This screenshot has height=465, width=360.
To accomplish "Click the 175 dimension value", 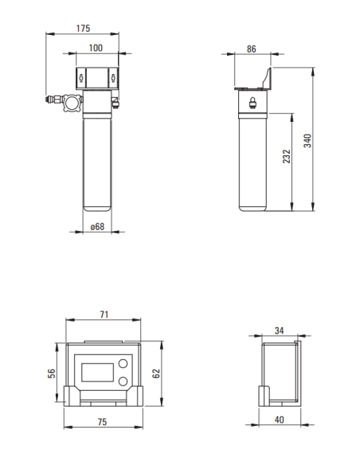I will point(83,29).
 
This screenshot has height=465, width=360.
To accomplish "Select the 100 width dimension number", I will point(96,48).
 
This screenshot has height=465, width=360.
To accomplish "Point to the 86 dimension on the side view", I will point(251,49).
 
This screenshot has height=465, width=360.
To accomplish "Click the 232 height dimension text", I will point(286,158).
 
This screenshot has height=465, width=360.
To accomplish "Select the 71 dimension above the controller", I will point(104,315).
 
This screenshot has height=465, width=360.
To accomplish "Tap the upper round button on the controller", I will point(123,365).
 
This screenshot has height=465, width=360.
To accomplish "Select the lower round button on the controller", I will point(123,381).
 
